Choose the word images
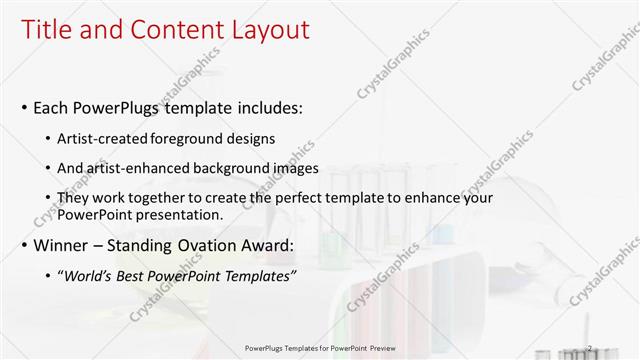298,168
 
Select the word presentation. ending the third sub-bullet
181,214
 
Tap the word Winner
62,245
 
